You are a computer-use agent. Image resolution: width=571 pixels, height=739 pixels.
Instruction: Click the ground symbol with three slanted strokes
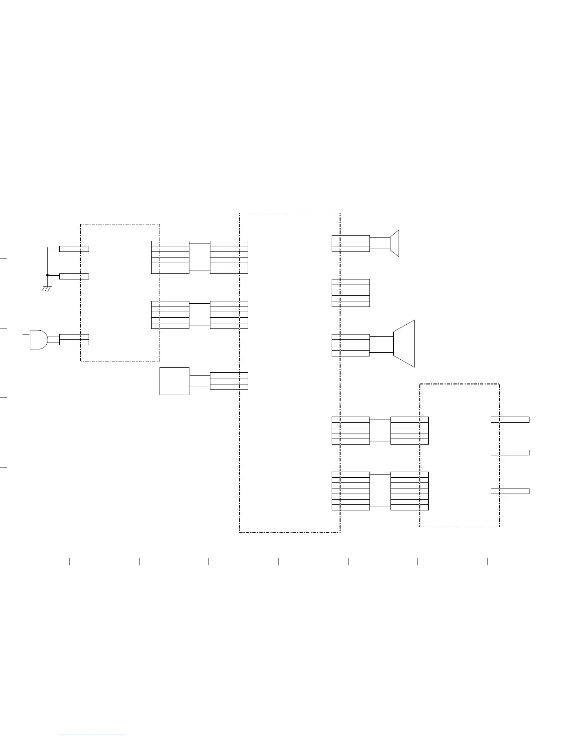(x=47, y=289)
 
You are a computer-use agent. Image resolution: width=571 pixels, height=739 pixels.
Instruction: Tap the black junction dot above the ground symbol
(x=48, y=275)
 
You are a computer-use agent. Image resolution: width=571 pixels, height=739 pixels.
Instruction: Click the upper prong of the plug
(x=26, y=335)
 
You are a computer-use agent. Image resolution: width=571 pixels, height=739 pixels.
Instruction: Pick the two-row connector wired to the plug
(x=74, y=340)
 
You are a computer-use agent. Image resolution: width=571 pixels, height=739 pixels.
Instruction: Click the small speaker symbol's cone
(x=395, y=243)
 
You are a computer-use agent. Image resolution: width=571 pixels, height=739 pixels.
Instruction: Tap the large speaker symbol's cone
(x=404, y=344)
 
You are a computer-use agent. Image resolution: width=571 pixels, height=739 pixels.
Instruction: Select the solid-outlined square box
(x=174, y=381)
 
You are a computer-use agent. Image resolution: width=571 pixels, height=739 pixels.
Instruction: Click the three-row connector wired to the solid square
(x=229, y=381)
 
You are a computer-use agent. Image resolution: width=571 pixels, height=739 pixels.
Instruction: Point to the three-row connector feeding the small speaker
(x=351, y=244)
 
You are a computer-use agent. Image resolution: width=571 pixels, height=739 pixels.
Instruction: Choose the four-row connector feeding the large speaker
(x=351, y=345)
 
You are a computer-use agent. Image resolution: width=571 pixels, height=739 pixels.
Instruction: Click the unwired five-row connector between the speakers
(x=351, y=293)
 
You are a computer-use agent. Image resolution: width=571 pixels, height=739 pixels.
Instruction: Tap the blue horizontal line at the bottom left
(x=93, y=735)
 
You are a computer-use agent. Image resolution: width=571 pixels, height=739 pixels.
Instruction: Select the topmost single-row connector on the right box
(x=510, y=420)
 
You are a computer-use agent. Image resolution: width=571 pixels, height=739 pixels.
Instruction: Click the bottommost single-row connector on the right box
(x=510, y=491)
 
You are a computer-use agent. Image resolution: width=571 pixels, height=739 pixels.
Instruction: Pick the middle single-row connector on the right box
(x=510, y=453)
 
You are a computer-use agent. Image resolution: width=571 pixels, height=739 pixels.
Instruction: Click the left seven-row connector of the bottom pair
(x=351, y=491)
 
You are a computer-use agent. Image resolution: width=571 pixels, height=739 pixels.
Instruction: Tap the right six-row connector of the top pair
(x=229, y=257)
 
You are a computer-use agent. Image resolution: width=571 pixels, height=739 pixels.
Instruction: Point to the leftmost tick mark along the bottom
(x=70, y=561)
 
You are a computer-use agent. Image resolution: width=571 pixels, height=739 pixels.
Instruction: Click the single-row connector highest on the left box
(x=74, y=249)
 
